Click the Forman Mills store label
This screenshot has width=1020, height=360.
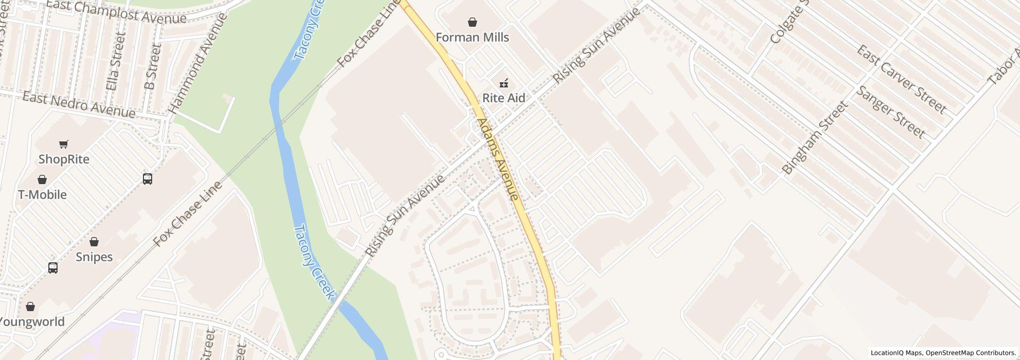tap(472, 38)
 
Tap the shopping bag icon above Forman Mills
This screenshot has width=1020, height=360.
tap(472, 22)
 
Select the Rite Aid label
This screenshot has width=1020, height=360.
tap(503, 98)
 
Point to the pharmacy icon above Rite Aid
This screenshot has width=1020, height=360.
tap(503, 83)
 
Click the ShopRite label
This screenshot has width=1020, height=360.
tap(64, 159)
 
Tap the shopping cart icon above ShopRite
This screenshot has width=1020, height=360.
tap(64, 145)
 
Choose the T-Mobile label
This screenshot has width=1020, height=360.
tap(42, 195)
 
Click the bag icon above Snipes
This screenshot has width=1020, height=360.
tap(94, 242)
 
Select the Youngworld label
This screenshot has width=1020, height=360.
tap(32, 322)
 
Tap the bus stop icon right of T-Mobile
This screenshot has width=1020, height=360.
tap(148, 179)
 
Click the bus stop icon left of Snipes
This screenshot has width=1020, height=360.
tap(53, 268)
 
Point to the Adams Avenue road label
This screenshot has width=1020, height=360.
tap(497, 159)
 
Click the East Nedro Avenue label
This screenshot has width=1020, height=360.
tap(79, 105)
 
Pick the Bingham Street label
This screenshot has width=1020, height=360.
tap(813, 138)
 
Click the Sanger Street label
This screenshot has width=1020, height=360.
tap(890, 112)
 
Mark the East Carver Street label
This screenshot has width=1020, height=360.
tap(901, 80)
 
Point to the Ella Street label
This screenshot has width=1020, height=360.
tap(115, 62)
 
